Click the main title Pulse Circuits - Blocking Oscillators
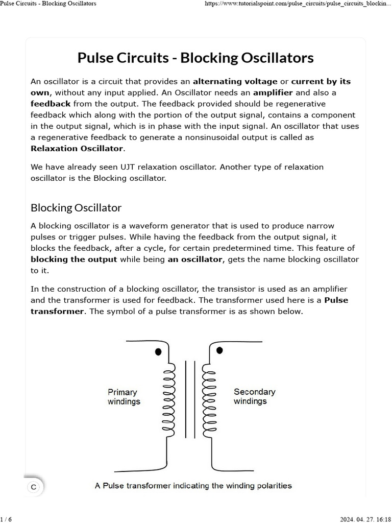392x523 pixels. (x=195, y=58)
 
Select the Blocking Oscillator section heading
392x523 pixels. (x=76, y=207)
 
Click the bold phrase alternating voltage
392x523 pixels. (x=235, y=81)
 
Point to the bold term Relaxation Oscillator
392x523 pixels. (x=77, y=149)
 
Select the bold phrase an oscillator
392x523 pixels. (x=195, y=259)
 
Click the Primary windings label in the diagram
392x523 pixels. (x=123, y=397)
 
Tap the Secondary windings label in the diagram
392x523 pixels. (x=254, y=396)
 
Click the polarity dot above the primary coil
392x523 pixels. (x=159, y=352)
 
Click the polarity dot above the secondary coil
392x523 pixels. (x=219, y=350)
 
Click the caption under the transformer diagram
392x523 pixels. (x=193, y=485)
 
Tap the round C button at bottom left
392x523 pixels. (x=34, y=487)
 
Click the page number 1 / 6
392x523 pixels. (x=6, y=519)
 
